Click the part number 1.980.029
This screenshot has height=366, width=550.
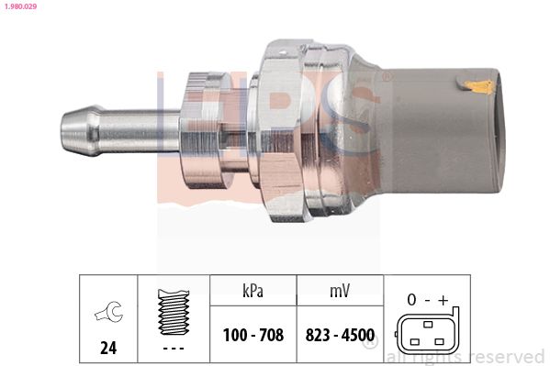click(x=20, y=6)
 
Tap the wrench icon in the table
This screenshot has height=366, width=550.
click(x=109, y=311)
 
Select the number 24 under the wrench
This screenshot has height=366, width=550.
click(x=108, y=348)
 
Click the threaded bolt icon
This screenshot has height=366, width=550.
click(x=174, y=312)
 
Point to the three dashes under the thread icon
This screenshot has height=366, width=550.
click(x=174, y=349)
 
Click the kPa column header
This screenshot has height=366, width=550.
click(x=253, y=291)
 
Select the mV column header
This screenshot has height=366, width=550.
click(x=340, y=291)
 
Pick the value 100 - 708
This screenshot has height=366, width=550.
click(x=253, y=335)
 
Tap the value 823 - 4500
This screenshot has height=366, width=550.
click(x=340, y=335)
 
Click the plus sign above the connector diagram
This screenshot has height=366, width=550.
click(x=443, y=300)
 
